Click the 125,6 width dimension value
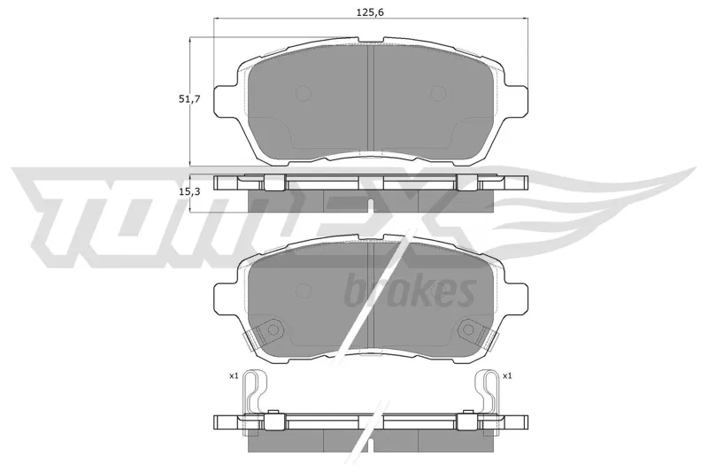pyautogui.click(x=370, y=12)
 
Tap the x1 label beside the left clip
pyautogui.click(x=234, y=375)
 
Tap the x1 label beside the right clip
pyautogui.click(x=507, y=375)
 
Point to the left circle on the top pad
pyautogui.click(x=304, y=94)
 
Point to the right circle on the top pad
pyautogui.click(x=438, y=94)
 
